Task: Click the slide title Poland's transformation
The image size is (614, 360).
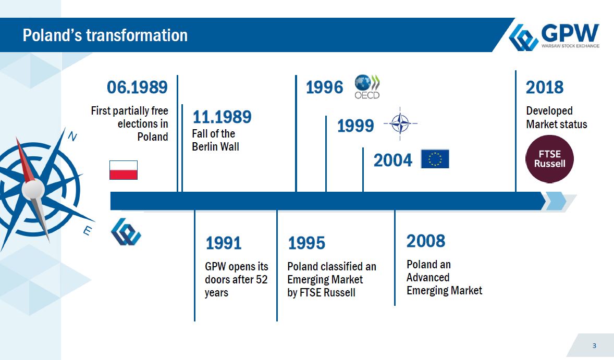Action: pyautogui.click(x=105, y=35)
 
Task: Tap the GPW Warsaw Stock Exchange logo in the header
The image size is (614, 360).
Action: pyautogui.click(x=554, y=36)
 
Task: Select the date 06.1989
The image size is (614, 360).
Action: pyautogui.click(x=137, y=87)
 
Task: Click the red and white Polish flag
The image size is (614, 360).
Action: pyautogui.click(x=124, y=170)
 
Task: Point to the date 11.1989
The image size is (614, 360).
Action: pyautogui.click(x=222, y=117)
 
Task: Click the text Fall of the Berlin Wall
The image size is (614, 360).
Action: pyautogui.click(x=215, y=140)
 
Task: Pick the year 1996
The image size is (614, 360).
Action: pyautogui.click(x=324, y=87)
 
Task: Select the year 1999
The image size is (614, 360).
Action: pyautogui.click(x=355, y=126)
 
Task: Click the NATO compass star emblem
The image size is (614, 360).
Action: pyautogui.click(x=400, y=123)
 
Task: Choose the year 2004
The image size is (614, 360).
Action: pyautogui.click(x=393, y=160)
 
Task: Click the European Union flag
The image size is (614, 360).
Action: pyautogui.click(x=435, y=159)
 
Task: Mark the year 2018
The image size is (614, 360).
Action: pyautogui.click(x=544, y=87)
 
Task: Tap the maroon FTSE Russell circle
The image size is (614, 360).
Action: pyautogui.click(x=549, y=159)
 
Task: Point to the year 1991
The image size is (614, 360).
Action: pyautogui.click(x=223, y=243)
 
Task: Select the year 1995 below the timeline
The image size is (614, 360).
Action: pyautogui.click(x=306, y=243)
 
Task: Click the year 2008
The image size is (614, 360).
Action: pyautogui.click(x=426, y=241)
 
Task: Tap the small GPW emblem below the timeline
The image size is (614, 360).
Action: pyautogui.click(x=126, y=232)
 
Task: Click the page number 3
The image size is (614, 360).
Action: pyautogui.click(x=594, y=345)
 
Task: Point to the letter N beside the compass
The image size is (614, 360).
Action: pyautogui.click(x=72, y=136)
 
